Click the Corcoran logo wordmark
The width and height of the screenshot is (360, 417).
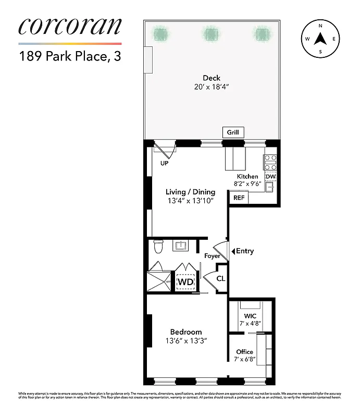[x=70, y=27]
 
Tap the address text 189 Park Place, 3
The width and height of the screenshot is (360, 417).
[x=70, y=56]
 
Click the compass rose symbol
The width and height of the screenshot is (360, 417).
[x=320, y=39]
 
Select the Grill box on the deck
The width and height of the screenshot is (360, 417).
[x=233, y=132]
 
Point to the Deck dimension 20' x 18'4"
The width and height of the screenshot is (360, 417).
[x=212, y=87]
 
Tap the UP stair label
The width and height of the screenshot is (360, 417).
[x=164, y=163]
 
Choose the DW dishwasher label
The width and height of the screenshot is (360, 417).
[x=270, y=177]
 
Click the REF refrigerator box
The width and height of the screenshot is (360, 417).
[x=239, y=198]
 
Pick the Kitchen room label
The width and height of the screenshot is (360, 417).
[x=247, y=176]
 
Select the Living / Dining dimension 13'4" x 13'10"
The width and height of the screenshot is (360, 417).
[x=190, y=200]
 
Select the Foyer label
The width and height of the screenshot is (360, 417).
[x=212, y=256]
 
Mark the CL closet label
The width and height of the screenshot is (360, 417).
[x=221, y=279]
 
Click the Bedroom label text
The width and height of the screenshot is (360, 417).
[x=186, y=332]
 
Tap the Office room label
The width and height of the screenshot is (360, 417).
[x=245, y=352]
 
